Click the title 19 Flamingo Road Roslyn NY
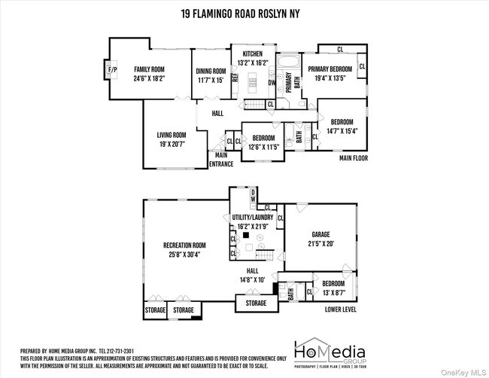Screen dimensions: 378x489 click(244, 13)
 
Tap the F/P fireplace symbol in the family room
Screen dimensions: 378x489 click(113, 72)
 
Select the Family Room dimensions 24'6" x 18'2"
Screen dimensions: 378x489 click(148, 78)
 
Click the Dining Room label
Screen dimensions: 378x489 click(211, 71)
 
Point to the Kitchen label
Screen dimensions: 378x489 click(253, 53)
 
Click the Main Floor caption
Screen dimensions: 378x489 click(353, 159)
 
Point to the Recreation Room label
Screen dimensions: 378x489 click(184, 245)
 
